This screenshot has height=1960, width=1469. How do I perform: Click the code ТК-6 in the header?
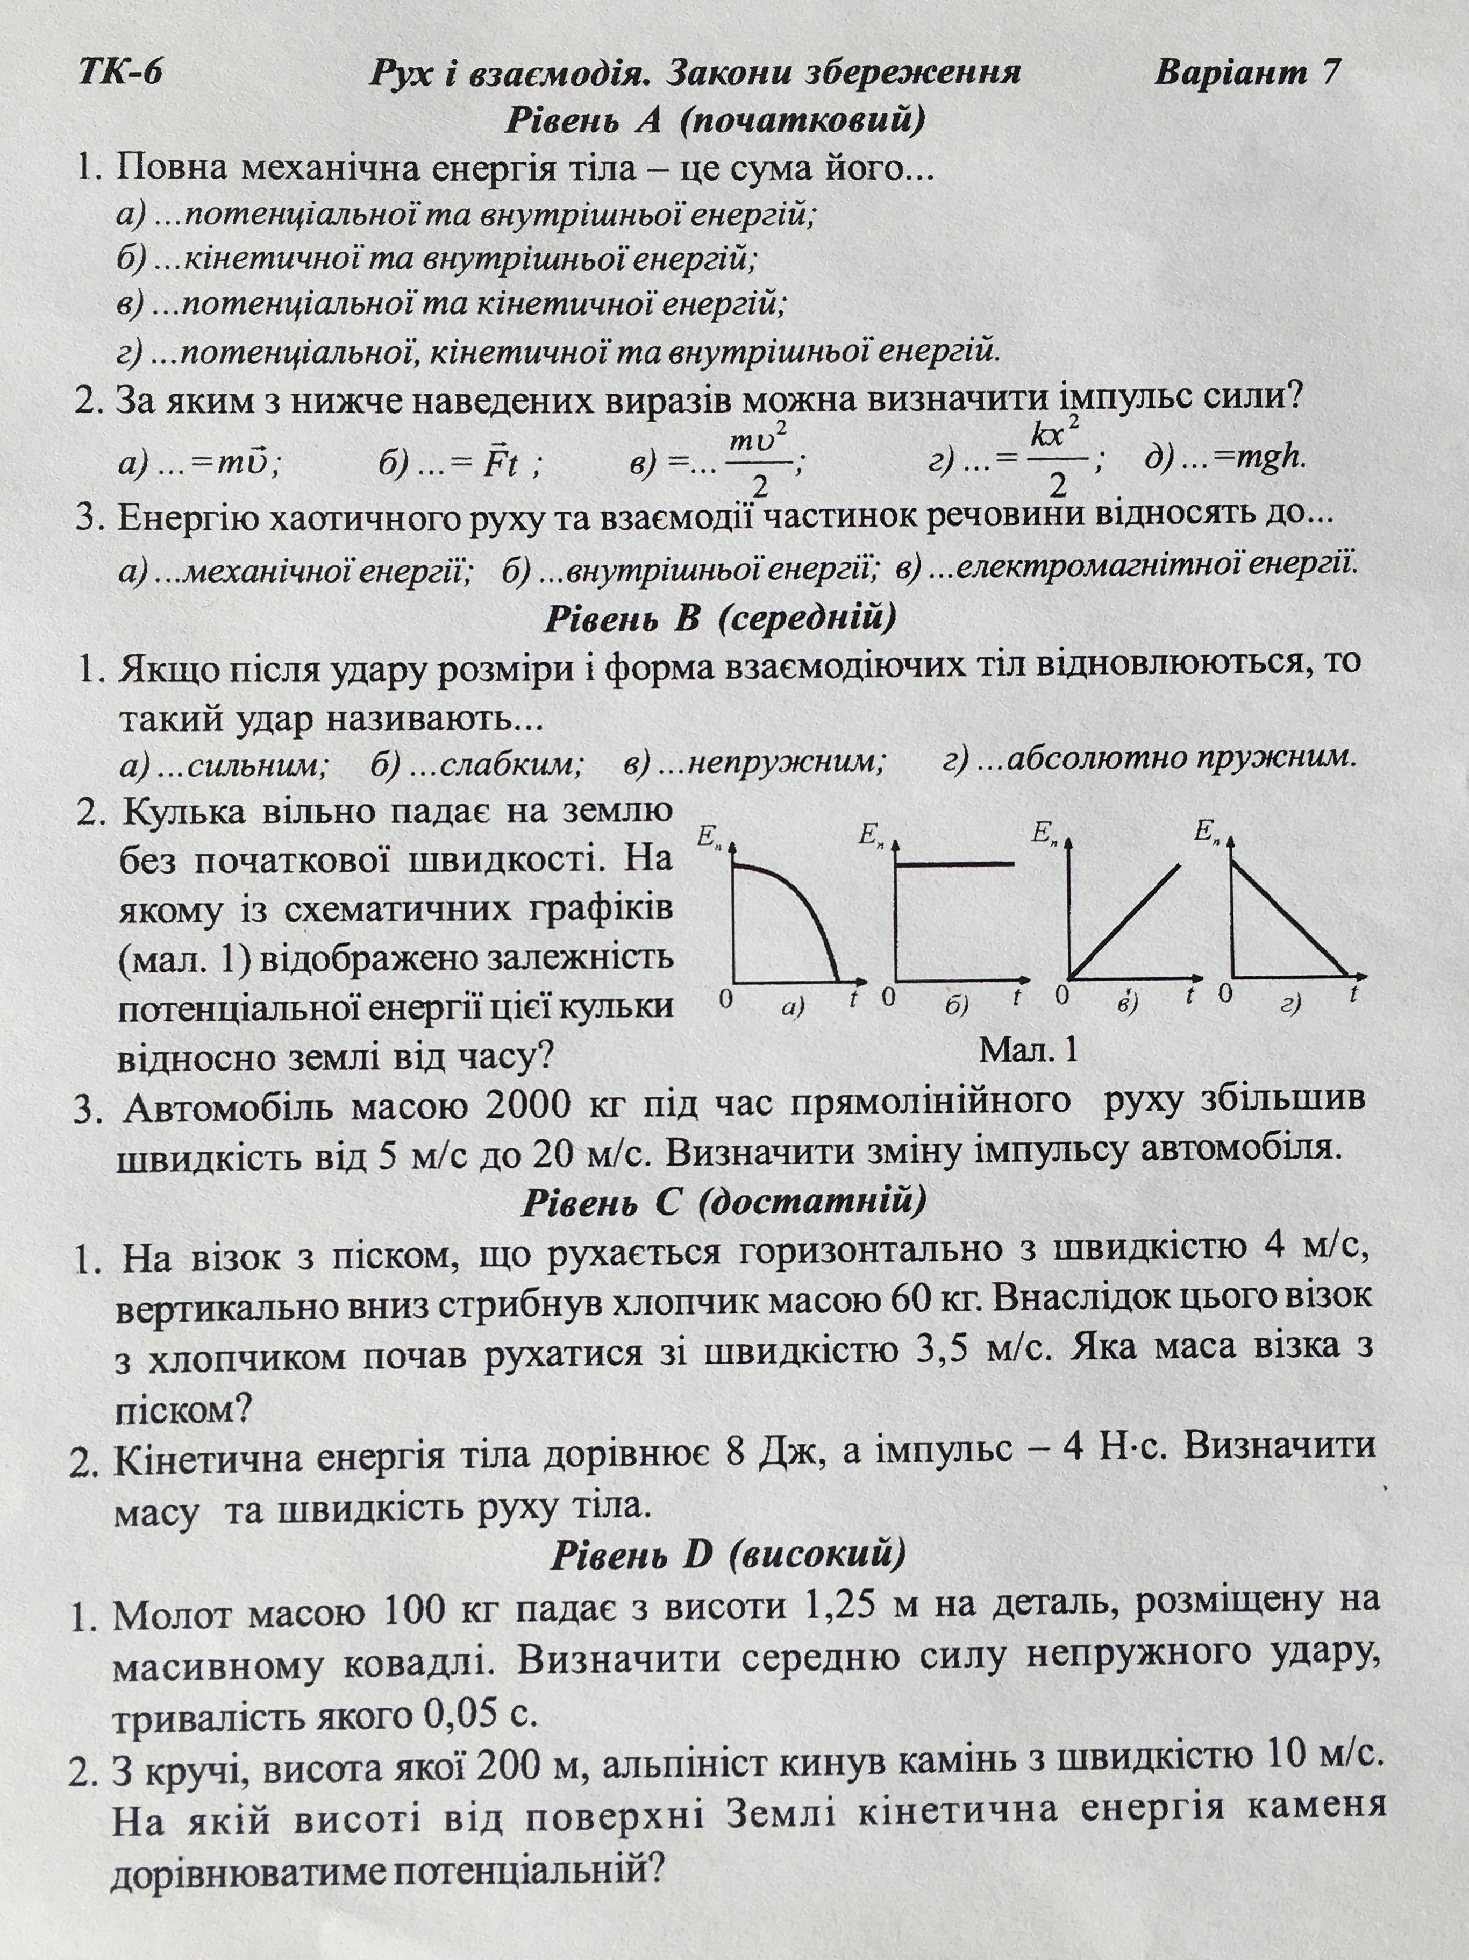pyautogui.click(x=120, y=72)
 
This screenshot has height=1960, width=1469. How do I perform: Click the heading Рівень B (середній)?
pyautogui.click(x=719, y=617)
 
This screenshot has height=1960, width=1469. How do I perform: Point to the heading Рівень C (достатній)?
pyautogui.click(x=724, y=1201)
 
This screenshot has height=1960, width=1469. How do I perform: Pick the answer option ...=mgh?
pyautogui.click(x=1226, y=459)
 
